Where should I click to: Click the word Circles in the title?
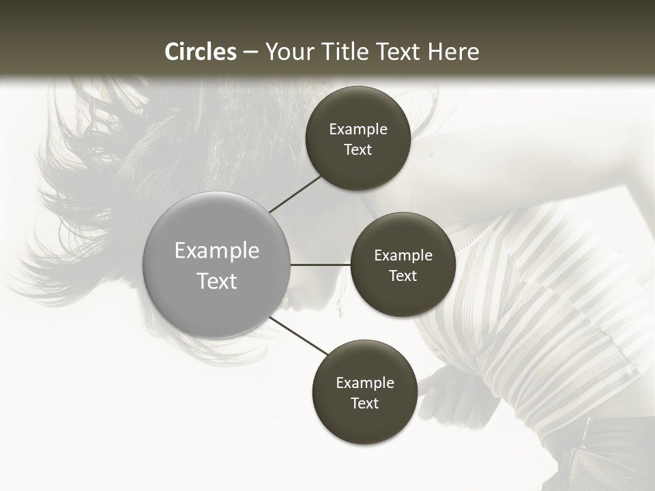click(x=201, y=52)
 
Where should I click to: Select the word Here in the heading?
click(x=453, y=52)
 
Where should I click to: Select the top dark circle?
click(x=358, y=170)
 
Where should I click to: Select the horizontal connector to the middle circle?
click(x=320, y=265)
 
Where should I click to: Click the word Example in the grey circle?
click(x=217, y=251)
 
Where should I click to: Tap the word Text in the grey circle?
click(x=217, y=281)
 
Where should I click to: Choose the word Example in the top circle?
click(x=358, y=130)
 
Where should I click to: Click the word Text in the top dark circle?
click(x=358, y=150)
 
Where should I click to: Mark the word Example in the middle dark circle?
click(x=403, y=256)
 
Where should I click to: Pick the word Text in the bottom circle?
click(x=364, y=403)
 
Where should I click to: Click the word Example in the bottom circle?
click(x=365, y=383)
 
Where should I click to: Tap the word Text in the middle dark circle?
click(x=403, y=276)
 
